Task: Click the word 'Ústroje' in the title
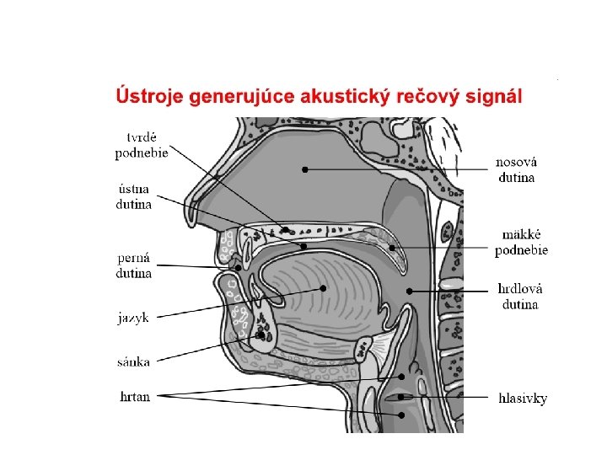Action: pyautogui.click(x=148, y=96)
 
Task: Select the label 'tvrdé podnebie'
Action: pyautogui.click(x=142, y=145)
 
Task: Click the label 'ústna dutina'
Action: pyautogui.click(x=135, y=197)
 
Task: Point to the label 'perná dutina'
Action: pyautogui.click(x=134, y=265)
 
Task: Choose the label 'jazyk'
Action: pyautogui.click(x=133, y=318)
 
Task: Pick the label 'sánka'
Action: pyautogui.click(x=133, y=361)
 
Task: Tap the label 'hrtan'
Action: pyautogui.click(x=135, y=396)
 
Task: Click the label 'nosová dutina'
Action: pyautogui.click(x=517, y=169)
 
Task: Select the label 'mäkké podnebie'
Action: pyautogui.click(x=521, y=243)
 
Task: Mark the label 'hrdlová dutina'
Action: pyautogui.click(x=519, y=297)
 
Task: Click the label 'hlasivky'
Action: pyautogui.click(x=523, y=398)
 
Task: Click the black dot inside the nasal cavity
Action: pyautogui.click(x=305, y=169)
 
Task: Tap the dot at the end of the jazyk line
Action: pyautogui.click(x=323, y=288)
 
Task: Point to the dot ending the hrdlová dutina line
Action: pyautogui.click(x=409, y=292)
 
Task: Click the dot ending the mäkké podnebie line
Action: pyautogui.click(x=392, y=248)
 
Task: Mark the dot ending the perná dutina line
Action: pyautogui.click(x=238, y=268)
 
